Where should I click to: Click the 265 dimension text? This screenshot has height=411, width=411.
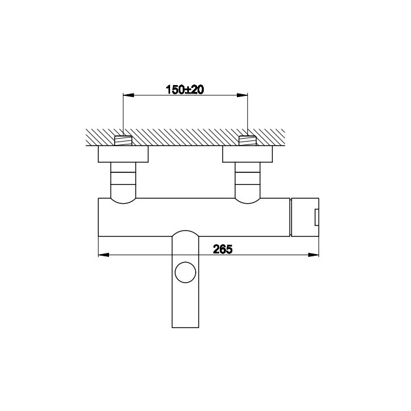(x=222, y=248)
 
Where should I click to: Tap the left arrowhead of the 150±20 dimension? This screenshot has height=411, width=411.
(x=127, y=95)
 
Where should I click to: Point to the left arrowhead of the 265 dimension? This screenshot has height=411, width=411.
(x=103, y=255)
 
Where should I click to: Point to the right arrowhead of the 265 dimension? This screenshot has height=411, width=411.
(x=315, y=255)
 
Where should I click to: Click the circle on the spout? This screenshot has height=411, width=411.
(x=185, y=272)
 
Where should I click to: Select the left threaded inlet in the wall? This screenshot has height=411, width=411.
(x=123, y=140)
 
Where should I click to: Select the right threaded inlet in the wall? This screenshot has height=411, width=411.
(x=247, y=140)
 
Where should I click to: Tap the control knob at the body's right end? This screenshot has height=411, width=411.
(x=305, y=217)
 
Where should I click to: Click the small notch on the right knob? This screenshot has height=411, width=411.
(x=316, y=217)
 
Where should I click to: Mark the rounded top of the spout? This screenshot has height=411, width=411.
(x=185, y=233)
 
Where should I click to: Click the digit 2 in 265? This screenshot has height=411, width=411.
(x=216, y=248)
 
